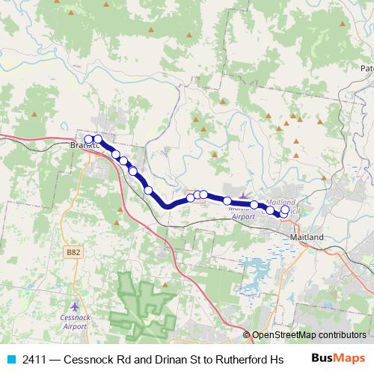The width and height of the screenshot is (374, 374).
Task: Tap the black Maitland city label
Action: click(306, 237)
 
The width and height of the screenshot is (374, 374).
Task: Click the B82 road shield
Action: click(73, 253)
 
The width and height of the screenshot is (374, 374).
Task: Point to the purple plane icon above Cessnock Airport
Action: click(73, 307)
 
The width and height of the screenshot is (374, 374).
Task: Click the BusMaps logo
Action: click(337, 358)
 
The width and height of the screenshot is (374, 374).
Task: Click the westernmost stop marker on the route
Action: click(88, 139)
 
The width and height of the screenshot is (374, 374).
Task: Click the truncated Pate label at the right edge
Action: click(367, 68)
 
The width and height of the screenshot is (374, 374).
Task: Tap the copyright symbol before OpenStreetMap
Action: click(248, 335)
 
